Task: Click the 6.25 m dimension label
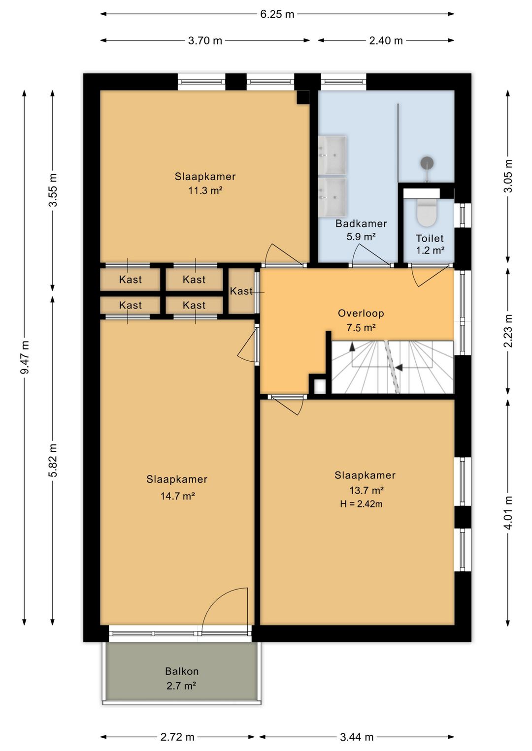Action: tap(277, 14)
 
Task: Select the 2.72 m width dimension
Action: tap(177, 737)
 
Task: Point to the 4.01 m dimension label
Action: tap(508, 513)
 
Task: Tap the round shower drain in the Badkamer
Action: tap(427, 163)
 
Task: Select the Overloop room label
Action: tap(361, 313)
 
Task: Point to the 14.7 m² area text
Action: tap(177, 496)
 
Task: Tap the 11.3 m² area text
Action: tap(205, 191)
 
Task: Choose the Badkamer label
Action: tap(361, 223)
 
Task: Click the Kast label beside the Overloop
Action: tap(241, 291)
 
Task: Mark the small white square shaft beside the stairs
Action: tap(320, 386)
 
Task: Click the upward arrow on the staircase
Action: tap(352, 346)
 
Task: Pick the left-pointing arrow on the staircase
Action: tap(399, 368)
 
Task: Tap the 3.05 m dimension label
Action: tap(509, 176)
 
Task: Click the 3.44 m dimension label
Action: tap(357, 737)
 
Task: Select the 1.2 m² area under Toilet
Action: tap(431, 250)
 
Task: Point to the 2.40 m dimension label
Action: tap(386, 41)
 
